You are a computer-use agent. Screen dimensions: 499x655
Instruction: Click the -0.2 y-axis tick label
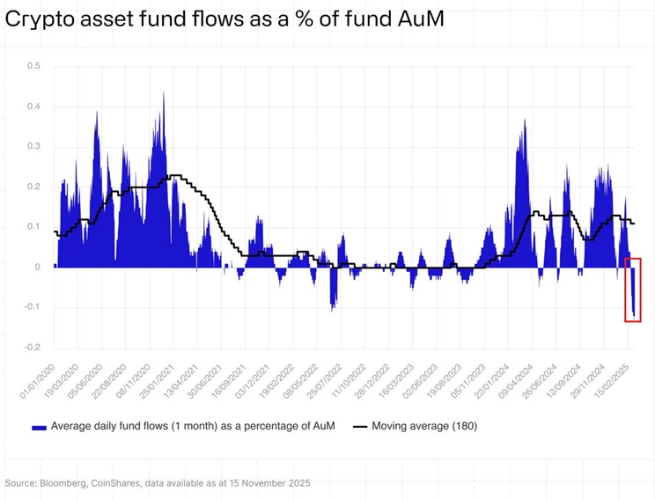[x=32, y=347]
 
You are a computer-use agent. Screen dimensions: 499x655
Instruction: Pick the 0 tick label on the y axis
[x=37, y=267]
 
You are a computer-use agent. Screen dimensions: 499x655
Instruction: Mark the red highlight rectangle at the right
[x=633, y=290]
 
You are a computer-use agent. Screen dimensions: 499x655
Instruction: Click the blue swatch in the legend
[x=39, y=427]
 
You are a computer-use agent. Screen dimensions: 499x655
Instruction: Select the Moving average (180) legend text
[x=425, y=427]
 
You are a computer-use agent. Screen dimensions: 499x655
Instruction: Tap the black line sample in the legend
[x=359, y=427]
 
